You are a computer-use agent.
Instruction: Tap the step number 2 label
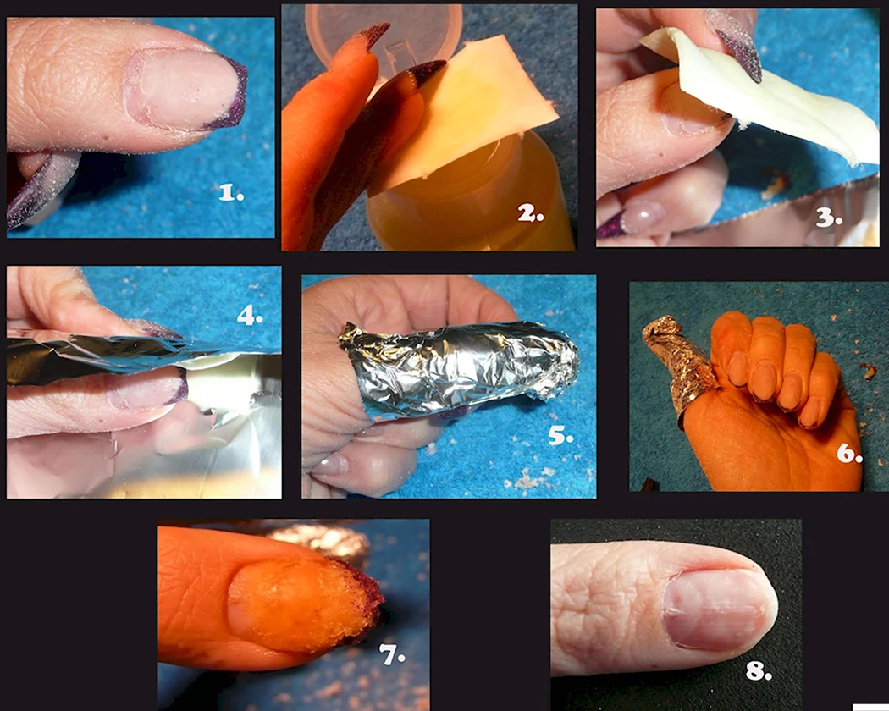pos(531,214)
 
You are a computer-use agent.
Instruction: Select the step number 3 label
pos(829,218)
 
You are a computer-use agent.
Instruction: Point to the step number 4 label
pos(250,315)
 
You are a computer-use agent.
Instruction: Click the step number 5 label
pos(560,435)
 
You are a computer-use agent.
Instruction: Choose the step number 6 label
pos(849,454)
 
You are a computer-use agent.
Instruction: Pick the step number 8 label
pos(759,671)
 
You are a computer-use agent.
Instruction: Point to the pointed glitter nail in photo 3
pos(737,48)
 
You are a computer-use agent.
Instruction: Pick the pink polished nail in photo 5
pos(330,465)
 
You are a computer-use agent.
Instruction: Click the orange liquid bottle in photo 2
pos(471,193)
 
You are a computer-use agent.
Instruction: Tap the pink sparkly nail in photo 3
pos(643,218)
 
